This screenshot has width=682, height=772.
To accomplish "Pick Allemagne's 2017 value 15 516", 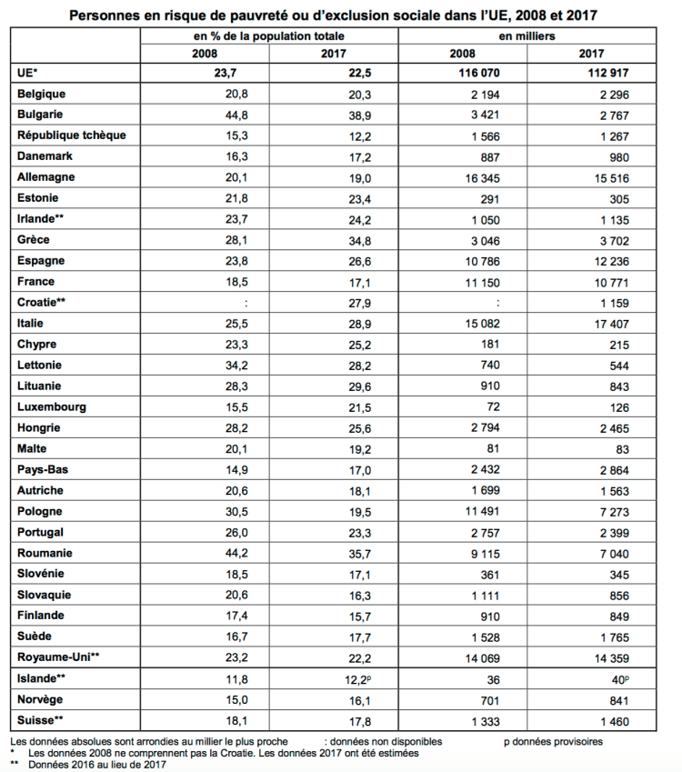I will [628, 176].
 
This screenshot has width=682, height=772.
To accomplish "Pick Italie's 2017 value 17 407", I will [628, 323].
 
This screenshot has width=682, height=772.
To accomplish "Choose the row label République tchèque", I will [71, 135].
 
